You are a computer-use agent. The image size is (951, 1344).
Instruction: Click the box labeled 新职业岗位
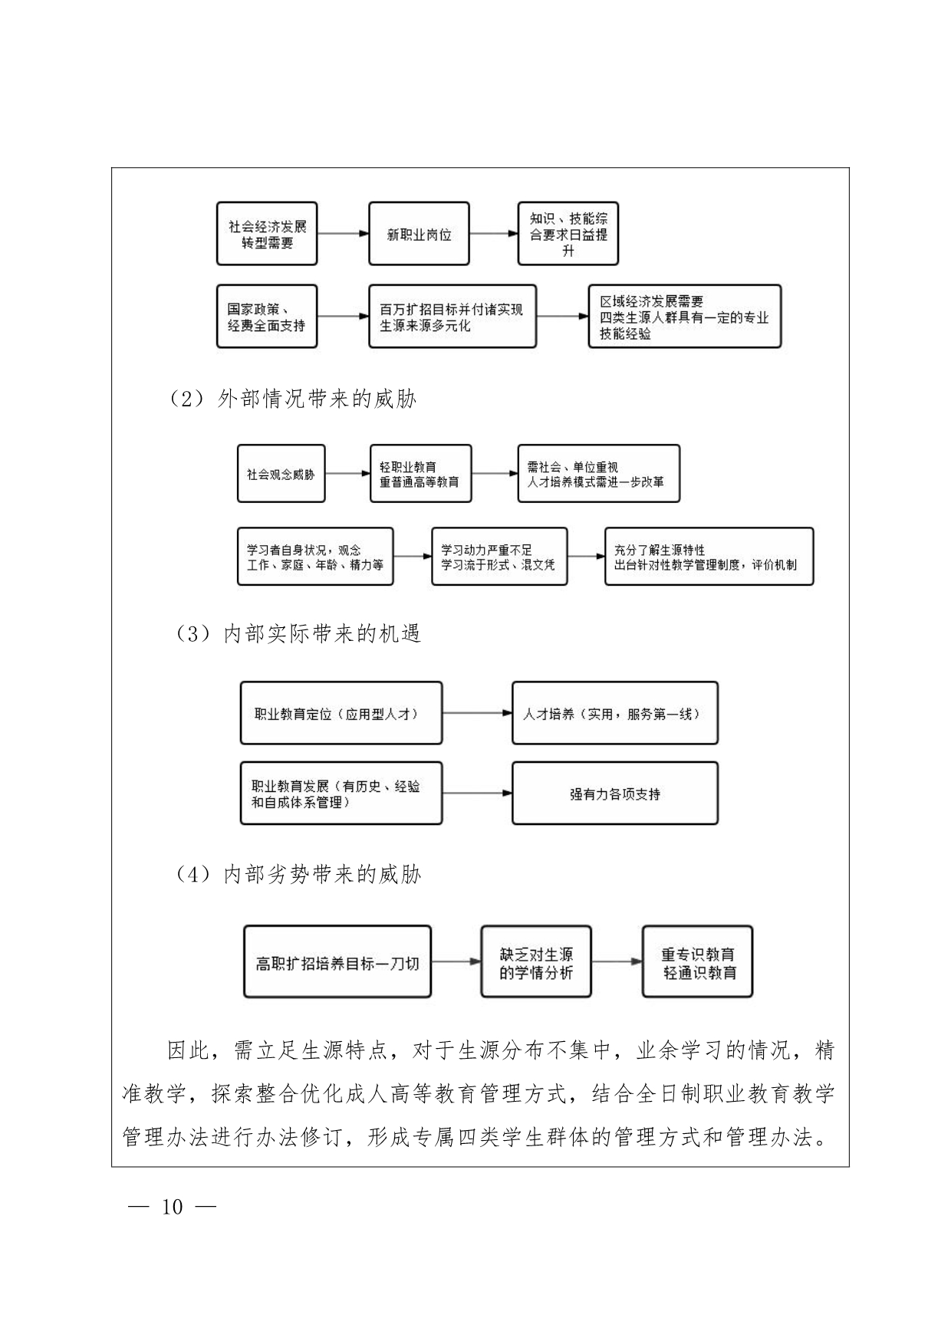(419, 234)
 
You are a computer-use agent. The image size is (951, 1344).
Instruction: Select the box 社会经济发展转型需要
(267, 234)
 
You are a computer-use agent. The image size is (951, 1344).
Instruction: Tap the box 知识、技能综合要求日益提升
(568, 234)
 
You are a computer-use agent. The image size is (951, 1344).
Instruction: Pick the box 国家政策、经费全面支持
(267, 317)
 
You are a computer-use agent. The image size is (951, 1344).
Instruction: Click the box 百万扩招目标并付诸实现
(452, 317)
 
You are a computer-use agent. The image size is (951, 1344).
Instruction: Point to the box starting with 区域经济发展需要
(685, 317)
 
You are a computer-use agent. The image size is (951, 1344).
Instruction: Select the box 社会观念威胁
(281, 474)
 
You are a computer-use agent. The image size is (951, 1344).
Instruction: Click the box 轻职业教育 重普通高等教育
(420, 474)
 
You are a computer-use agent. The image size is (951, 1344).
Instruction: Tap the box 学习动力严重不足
(499, 557)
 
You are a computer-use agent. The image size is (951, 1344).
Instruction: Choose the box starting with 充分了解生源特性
(709, 557)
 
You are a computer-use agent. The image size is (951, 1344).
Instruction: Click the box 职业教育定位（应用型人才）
(341, 713)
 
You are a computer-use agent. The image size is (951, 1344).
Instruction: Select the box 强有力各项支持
(615, 794)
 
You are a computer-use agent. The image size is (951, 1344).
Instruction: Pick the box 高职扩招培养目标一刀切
(337, 962)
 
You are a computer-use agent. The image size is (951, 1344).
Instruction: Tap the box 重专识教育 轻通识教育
(698, 962)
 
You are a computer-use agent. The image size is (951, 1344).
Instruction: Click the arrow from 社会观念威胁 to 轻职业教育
(347, 474)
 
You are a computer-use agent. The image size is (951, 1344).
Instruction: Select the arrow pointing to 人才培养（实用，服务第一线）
(477, 713)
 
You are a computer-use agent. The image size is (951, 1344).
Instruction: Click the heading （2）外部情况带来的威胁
(293, 399)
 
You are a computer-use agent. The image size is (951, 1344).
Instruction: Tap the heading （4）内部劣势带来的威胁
(298, 875)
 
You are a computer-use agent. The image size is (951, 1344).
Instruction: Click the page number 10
(173, 1208)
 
